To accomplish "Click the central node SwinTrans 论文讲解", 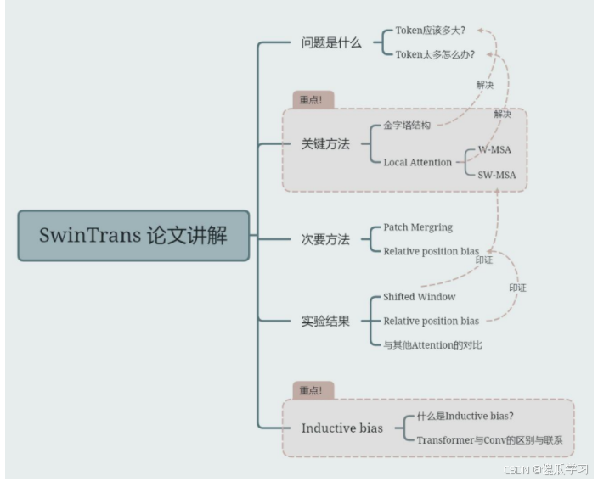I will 133,235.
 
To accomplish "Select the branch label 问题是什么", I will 331,42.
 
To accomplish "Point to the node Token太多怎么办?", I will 435,54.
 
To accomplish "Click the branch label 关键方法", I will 325,143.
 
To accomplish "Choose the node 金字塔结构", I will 407,126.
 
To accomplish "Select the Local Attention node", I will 418,162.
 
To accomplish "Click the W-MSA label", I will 494,149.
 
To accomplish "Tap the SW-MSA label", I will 497,176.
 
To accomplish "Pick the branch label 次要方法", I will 325,239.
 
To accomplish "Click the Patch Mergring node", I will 418,227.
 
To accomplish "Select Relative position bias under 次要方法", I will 431,251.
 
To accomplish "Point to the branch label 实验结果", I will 325,321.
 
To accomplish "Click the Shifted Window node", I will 419,297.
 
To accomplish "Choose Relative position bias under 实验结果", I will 431,321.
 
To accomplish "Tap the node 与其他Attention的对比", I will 432,344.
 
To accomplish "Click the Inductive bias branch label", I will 341,428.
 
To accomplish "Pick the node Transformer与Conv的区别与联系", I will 490,440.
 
